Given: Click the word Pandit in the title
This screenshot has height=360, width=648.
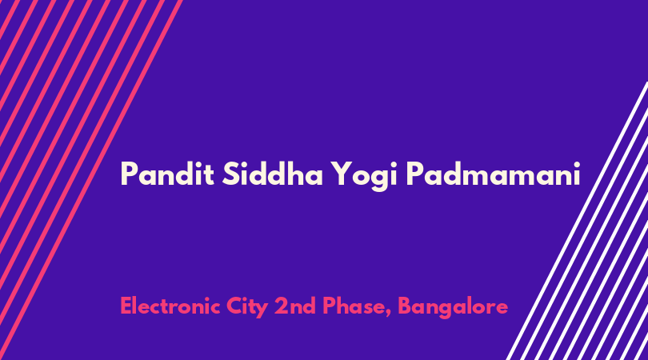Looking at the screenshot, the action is click(x=167, y=174).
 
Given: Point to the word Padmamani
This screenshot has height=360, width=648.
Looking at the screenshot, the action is click(x=494, y=174).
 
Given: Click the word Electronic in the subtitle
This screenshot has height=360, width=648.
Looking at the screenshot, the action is click(x=170, y=306).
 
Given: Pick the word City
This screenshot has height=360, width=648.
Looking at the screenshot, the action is click(x=247, y=308).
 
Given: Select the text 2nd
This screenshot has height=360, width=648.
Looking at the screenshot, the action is click(x=295, y=306).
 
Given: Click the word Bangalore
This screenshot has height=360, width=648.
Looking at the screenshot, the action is click(x=453, y=308).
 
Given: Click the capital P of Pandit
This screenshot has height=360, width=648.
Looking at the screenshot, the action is click(x=129, y=174).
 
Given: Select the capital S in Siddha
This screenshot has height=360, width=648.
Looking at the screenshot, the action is click(x=231, y=174).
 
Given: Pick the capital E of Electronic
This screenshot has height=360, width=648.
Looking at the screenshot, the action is click(x=126, y=306).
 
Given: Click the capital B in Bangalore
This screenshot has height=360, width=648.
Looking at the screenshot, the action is click(x=406, y=306).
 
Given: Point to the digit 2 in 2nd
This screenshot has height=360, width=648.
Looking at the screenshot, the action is click(x=281, y=306).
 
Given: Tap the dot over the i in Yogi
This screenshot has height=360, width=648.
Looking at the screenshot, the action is click(x=393, y=164).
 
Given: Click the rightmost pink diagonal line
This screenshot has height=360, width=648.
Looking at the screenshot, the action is click(x=90, y=180).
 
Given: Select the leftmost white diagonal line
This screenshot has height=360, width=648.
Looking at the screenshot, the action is click(x=578, y=221).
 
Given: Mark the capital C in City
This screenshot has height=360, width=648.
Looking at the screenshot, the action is click(x=234, y=306).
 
